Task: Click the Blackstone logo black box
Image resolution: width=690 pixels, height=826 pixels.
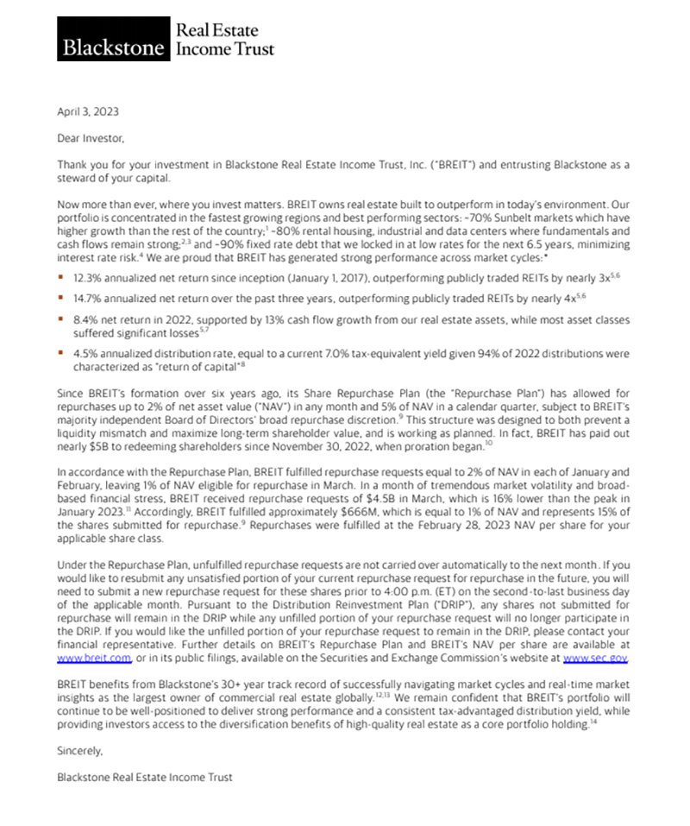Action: (x=110, y=38)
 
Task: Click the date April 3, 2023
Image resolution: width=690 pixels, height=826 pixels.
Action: (x=87, y=110)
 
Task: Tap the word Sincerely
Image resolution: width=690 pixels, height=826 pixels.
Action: (x=79, y=751)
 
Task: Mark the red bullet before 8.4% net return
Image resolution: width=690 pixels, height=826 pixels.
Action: (x=60, y=320)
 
